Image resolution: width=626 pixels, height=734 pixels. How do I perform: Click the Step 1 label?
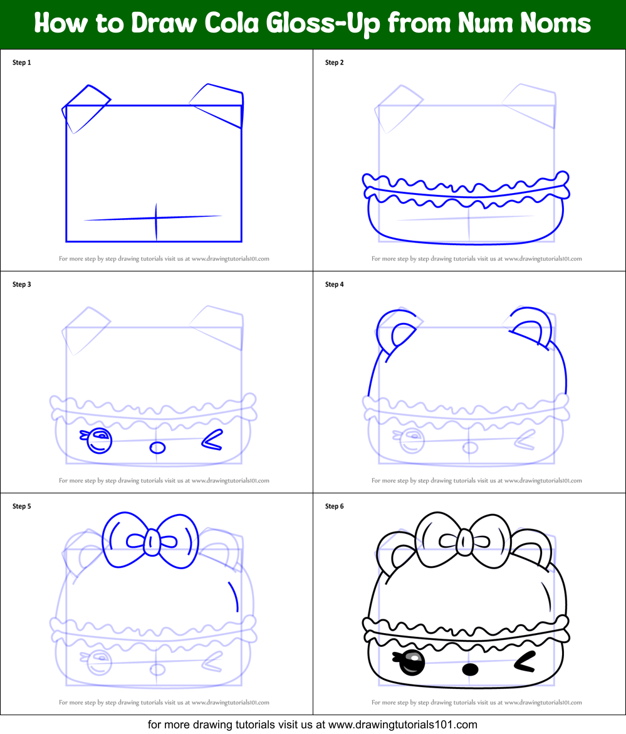tap(22, 63)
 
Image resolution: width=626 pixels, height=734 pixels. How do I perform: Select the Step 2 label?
tap(335, 63)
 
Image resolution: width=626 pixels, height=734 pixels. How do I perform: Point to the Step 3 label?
tap(22, 285)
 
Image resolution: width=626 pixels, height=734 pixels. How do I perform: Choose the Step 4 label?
tap(335, 285)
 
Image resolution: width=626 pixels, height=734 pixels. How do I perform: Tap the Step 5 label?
tap(22, 506)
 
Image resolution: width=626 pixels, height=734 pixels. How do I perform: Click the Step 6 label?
tap(335, 506)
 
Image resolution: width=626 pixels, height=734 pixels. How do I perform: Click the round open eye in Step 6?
tap(411, 663)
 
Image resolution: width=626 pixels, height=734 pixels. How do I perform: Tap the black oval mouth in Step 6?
tap(470, 669)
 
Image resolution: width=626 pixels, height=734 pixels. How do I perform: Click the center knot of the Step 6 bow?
tap(465, 542)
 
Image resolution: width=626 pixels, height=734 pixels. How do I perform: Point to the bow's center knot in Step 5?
tap(152, 542)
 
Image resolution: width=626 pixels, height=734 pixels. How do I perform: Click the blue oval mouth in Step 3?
tap(158, 448)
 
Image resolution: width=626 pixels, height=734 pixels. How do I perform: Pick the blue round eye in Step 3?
tap(99, 441)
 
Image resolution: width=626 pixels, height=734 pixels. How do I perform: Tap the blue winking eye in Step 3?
tap(212, 441)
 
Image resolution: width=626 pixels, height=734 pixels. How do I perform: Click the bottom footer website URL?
tap(402, 725)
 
